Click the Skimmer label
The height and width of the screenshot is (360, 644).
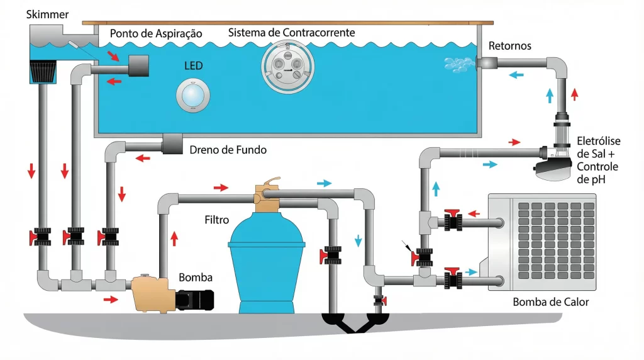pyautogui.click(x=30, y=14)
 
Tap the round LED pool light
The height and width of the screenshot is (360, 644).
pyautogui.click(x=193, y=94)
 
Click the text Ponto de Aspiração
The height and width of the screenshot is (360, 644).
pyautogui.click(x=155, y=33)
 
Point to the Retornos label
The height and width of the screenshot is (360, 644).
pyautogui.click(x=509, y=46)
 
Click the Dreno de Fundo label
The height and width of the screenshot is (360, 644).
pyautogui.click(x=228, y=150)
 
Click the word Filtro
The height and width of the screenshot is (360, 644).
pyautogui.click(x=217, y=220)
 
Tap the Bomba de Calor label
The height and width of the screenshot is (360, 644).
pyautogui.click(x=551, y=302)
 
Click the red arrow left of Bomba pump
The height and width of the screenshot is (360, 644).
pyautogui.click(x=111, y=300)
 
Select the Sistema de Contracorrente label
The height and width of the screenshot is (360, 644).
pyautogui.click(x=291, y=32)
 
